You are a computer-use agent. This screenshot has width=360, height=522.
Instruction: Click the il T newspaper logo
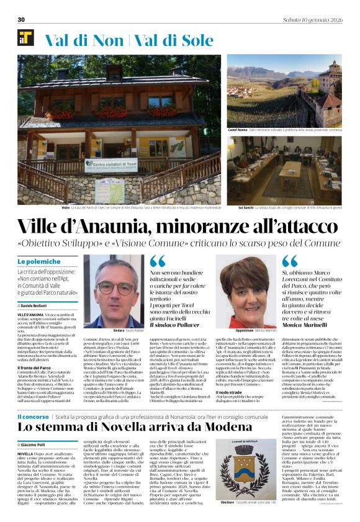pos(26,37)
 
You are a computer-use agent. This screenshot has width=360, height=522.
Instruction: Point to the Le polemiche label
pos(39,262)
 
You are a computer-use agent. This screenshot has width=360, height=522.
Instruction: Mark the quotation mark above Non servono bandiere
pos(158,261)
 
